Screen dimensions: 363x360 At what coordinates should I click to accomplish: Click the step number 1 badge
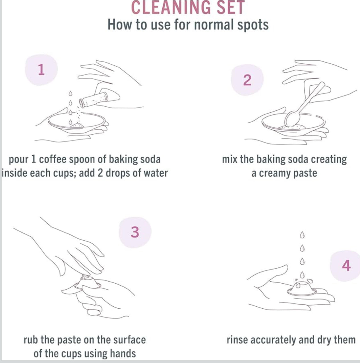click(42, 70)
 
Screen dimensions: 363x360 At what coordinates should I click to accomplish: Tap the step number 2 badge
click(247, 80)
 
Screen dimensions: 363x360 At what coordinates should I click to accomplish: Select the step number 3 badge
click(135, 232)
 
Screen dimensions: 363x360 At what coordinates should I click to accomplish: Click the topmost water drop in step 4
click(302, 235)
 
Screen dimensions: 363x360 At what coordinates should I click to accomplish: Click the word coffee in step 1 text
click(52, 159)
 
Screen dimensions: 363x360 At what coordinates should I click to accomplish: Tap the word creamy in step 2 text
click(275, 173)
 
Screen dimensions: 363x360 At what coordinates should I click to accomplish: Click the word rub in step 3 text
click(31, 340)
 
